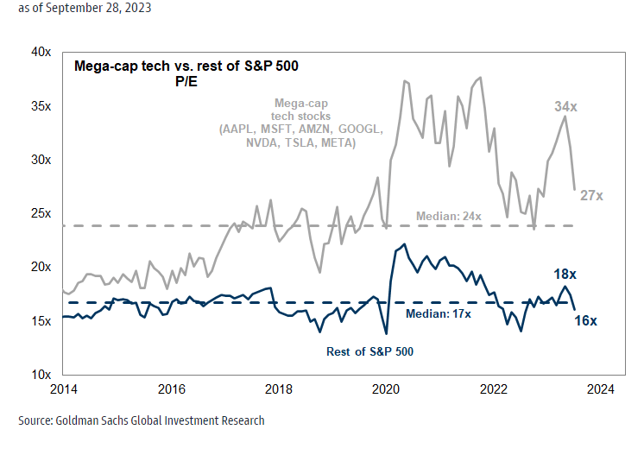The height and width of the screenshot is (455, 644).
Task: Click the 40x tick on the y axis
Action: [41, 52]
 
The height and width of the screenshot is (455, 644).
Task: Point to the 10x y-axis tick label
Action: [41, 375]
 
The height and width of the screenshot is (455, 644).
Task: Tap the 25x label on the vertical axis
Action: [41, 213]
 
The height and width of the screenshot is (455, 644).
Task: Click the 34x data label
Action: [565, 106]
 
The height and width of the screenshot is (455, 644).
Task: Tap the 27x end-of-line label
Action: [591, 195]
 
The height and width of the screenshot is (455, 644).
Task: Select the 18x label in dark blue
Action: [565, 274]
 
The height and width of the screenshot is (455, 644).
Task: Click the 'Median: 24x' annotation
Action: [448, 215]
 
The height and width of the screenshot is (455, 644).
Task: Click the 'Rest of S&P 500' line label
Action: [369, 351]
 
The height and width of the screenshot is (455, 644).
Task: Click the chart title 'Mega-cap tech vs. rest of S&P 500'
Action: [187, 66]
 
